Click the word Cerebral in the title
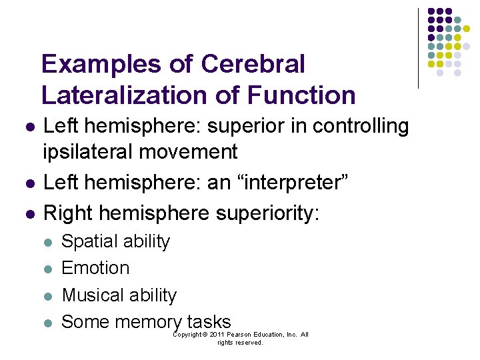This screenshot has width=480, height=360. [253, 65]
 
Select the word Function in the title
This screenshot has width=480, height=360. [301, 95]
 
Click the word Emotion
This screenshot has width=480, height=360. [95, 268]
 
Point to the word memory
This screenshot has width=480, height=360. [147, 322]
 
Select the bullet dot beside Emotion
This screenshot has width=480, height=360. [48, 269]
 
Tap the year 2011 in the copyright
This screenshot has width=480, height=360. [215, 335]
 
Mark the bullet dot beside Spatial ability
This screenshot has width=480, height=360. [48, 242]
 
